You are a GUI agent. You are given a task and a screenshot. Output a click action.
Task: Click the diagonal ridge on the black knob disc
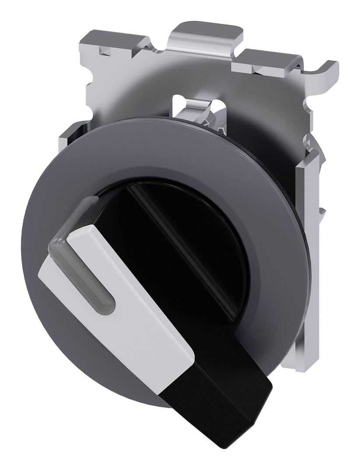[x=192, y=245]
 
